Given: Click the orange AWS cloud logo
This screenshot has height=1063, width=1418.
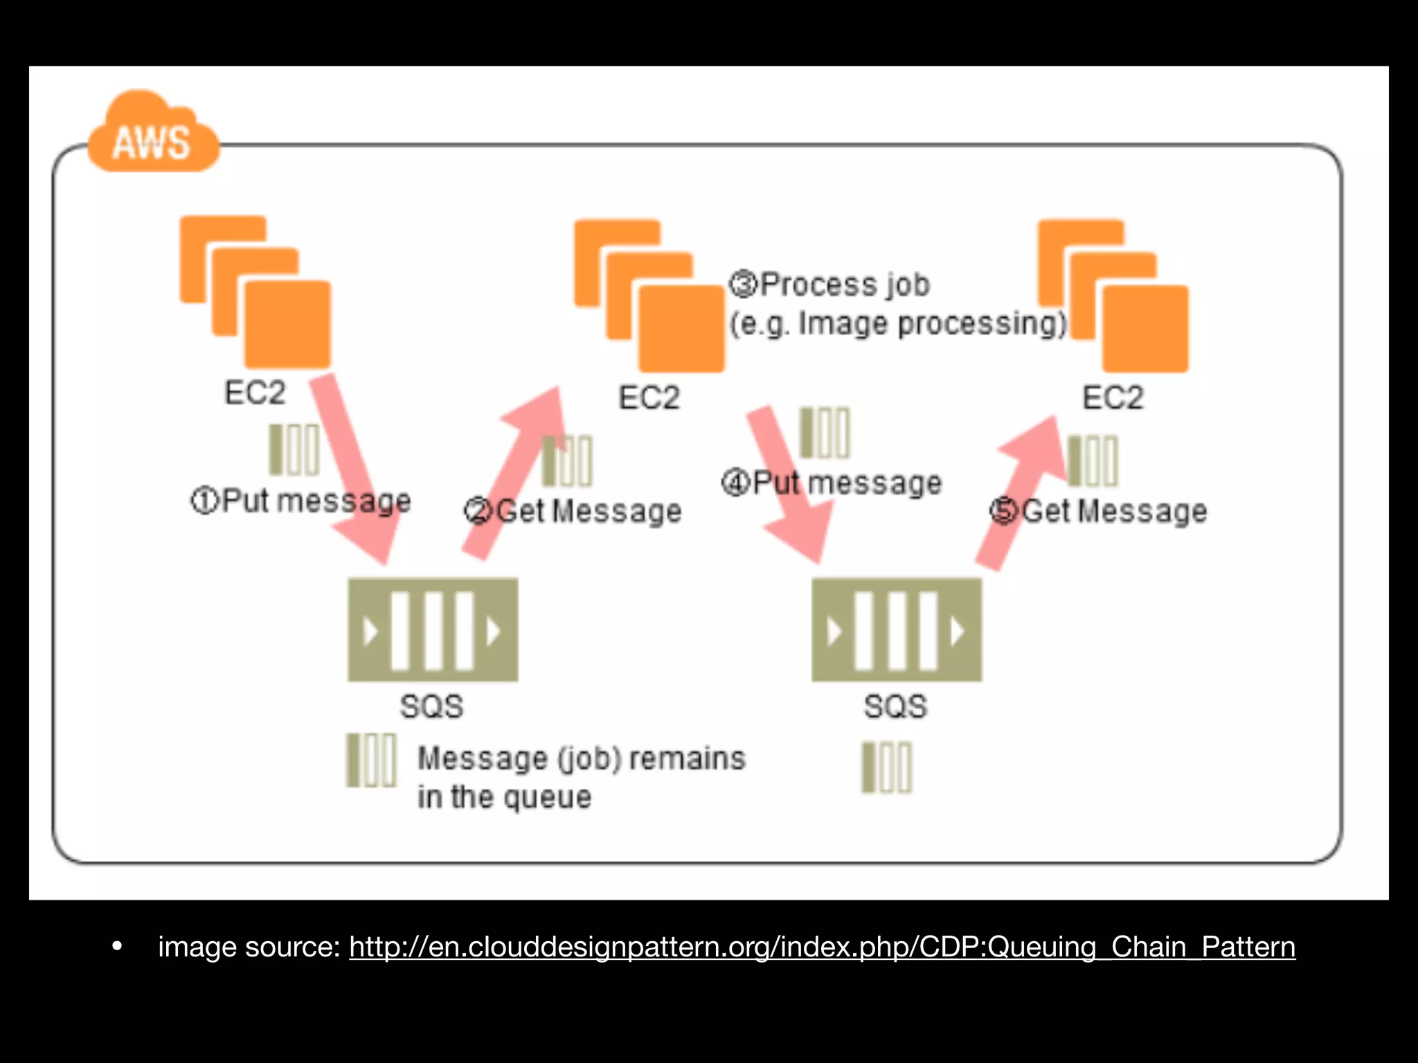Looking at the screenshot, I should [152, 135].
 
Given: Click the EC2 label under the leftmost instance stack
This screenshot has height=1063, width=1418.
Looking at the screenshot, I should [254, 393].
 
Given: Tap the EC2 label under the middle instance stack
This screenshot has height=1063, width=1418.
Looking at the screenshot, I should [649, 398].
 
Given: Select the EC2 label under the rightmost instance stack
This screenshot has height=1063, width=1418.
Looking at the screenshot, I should [1113, 398].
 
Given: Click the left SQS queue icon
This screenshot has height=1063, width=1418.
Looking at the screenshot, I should [433, 630].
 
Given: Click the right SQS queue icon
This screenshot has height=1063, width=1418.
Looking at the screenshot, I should [897, 630].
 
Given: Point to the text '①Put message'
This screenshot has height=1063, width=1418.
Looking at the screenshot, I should [300, 500].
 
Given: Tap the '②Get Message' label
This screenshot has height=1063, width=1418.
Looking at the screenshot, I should [573, 511].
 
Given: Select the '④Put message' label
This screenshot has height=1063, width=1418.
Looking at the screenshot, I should [832, 482].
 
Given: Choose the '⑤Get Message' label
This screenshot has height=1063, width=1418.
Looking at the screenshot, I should [1099, 511].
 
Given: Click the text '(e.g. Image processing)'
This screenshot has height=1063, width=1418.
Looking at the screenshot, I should [899, 324].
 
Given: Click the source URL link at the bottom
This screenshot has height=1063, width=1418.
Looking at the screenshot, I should [822, 947].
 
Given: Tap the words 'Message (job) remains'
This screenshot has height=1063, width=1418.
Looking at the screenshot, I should [582, 758].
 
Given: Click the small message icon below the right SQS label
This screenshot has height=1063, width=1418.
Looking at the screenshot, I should [887, 767].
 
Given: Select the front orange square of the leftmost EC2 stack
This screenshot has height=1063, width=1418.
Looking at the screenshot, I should [287, 324].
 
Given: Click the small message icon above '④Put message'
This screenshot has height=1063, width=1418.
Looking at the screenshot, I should [824, 433].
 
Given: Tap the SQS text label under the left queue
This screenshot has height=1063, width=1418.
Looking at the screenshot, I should [431, 707].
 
